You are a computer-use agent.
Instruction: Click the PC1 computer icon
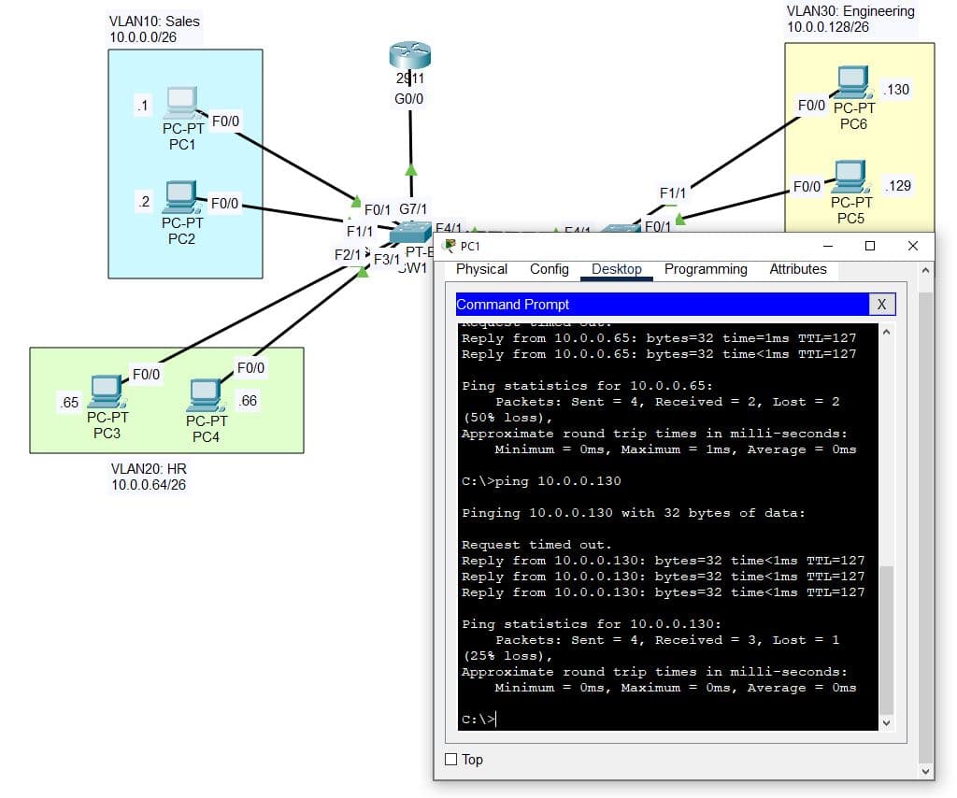(x=180, y=101)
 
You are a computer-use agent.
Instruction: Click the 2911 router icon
(x=409, y=59)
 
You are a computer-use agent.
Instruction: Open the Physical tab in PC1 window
(x=481, y=269)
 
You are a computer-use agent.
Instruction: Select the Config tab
(x=550, y=269)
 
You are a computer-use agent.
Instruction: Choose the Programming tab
(x=706, y=269)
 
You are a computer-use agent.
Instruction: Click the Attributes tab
(x=798, y=269)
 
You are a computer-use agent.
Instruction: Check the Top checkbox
(x=451, y=760)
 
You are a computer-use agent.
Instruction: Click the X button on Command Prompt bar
(x=880, y=305)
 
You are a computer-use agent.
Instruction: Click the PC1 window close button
(x=913, y=246)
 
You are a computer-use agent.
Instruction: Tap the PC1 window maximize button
(x=870, y=246)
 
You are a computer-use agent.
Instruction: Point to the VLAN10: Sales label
(x=154, y=21)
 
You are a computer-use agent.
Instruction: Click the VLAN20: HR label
(x=149, y=468)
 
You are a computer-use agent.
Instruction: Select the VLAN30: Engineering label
(x=850, y=11)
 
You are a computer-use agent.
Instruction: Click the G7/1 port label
(x=414, y=208)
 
